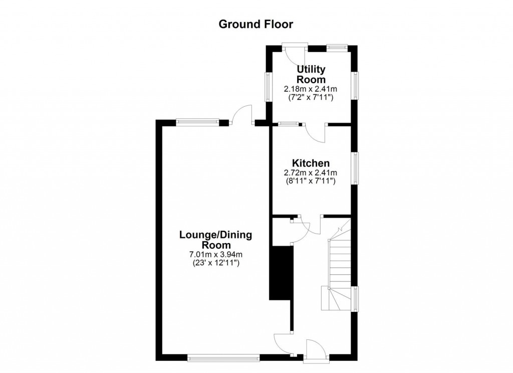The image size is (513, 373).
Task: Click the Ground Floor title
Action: click(255, 24)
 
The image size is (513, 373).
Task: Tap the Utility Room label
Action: click(311, 74)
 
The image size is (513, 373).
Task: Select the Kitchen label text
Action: click(311, 163)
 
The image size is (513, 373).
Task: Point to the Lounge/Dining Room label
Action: click(216, 240)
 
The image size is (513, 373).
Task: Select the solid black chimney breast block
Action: click(281, 273)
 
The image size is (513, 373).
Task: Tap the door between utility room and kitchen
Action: click(316, 132)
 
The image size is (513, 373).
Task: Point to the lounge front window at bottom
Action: click(223, 358)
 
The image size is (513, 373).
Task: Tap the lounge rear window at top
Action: click(197, 121)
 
